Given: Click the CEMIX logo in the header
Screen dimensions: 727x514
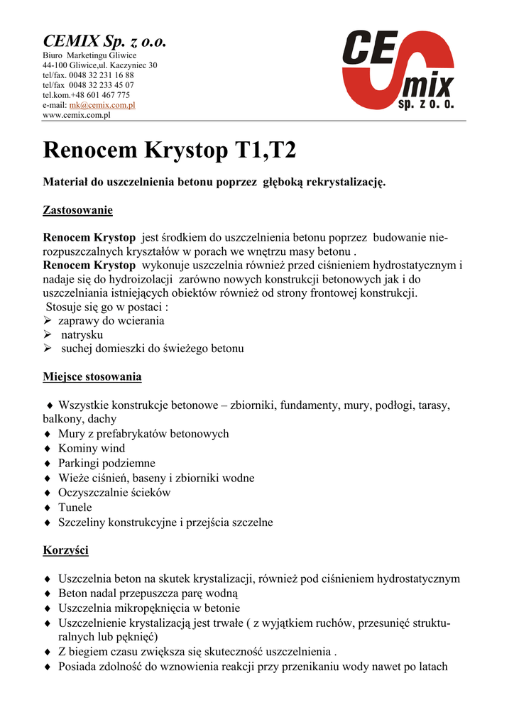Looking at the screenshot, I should tap(400, 70).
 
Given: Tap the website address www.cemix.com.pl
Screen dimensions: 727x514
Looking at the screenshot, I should tap(77, 114).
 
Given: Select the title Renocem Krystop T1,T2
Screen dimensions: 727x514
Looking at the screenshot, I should tap(170, 150).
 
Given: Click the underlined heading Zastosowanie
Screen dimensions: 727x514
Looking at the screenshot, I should tap(78, 210).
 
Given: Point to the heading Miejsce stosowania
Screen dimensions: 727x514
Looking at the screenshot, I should tap(92, 376).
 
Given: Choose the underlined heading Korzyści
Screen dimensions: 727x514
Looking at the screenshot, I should tap(66, 550).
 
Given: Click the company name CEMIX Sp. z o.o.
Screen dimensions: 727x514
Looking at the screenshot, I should tap(104, 41).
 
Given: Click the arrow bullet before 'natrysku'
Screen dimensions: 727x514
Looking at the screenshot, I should tap(48, 334).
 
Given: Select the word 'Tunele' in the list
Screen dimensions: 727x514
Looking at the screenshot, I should tap(75, 508).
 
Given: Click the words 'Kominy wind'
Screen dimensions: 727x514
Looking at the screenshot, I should tap(92, 448).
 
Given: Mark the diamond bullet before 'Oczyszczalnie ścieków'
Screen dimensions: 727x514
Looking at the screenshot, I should tap(47, 493).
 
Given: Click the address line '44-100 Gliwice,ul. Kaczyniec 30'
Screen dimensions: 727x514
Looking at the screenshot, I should tap(100, 65).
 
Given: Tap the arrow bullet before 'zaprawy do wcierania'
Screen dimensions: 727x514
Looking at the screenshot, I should tap(48, 321).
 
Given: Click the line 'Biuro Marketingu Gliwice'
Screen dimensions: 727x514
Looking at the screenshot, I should tap(89, 55).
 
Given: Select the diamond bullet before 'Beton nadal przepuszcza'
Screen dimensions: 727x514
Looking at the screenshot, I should tap(47, 594).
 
